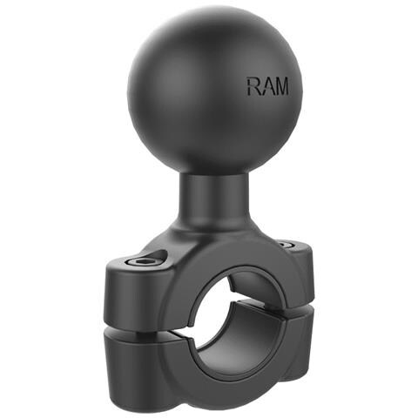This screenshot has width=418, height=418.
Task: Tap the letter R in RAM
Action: click(x=253, y=86)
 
